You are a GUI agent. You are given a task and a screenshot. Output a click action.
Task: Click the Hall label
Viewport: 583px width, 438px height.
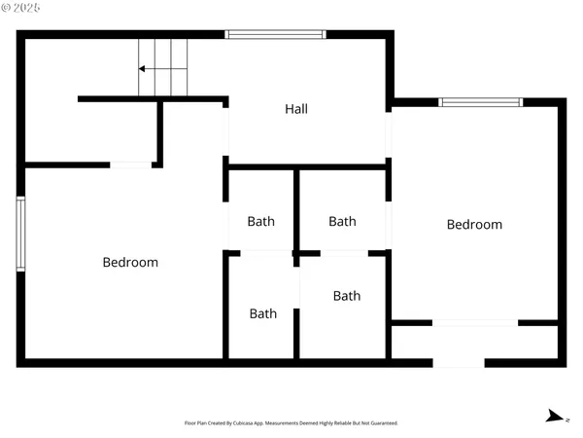[296, 109]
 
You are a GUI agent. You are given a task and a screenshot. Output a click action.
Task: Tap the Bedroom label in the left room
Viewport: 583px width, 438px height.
[130, 262]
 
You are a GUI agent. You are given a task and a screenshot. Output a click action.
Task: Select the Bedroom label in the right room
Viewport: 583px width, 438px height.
[474, 225]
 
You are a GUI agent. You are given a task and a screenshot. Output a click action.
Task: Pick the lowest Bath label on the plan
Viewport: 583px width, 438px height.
[262, 313]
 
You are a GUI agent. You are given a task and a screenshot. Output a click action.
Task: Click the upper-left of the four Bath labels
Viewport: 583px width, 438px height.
[260, 221]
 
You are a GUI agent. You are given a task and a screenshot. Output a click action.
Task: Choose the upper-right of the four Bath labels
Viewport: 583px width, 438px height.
[342, 221]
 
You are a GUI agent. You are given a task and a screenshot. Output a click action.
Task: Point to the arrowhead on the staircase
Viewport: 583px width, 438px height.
[143, 69]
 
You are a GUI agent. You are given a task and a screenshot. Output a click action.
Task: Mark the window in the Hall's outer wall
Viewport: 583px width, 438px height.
[275, 35]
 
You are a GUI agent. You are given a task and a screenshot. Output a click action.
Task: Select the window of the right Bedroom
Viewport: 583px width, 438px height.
[480, 102]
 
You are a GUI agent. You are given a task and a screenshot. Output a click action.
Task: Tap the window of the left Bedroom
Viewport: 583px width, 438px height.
[20, 234]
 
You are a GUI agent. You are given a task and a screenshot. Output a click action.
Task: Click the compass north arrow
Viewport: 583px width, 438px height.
[555, 417]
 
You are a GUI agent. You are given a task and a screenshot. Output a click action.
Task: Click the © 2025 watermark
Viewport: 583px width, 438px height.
[21, 9]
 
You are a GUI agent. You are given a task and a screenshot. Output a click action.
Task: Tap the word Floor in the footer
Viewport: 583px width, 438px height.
[189, 423]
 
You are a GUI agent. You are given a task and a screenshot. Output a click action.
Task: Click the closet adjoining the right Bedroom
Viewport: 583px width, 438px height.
[474, 342]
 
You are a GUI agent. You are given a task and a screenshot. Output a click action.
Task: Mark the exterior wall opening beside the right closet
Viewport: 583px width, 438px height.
[459, 363]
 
